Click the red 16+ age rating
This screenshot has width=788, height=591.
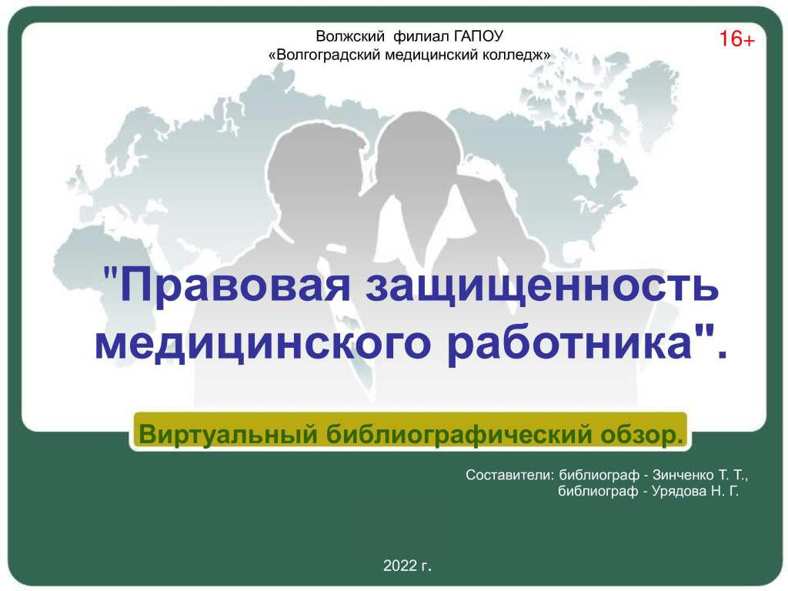point(736,39)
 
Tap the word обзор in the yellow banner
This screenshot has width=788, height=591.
point(640,434)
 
